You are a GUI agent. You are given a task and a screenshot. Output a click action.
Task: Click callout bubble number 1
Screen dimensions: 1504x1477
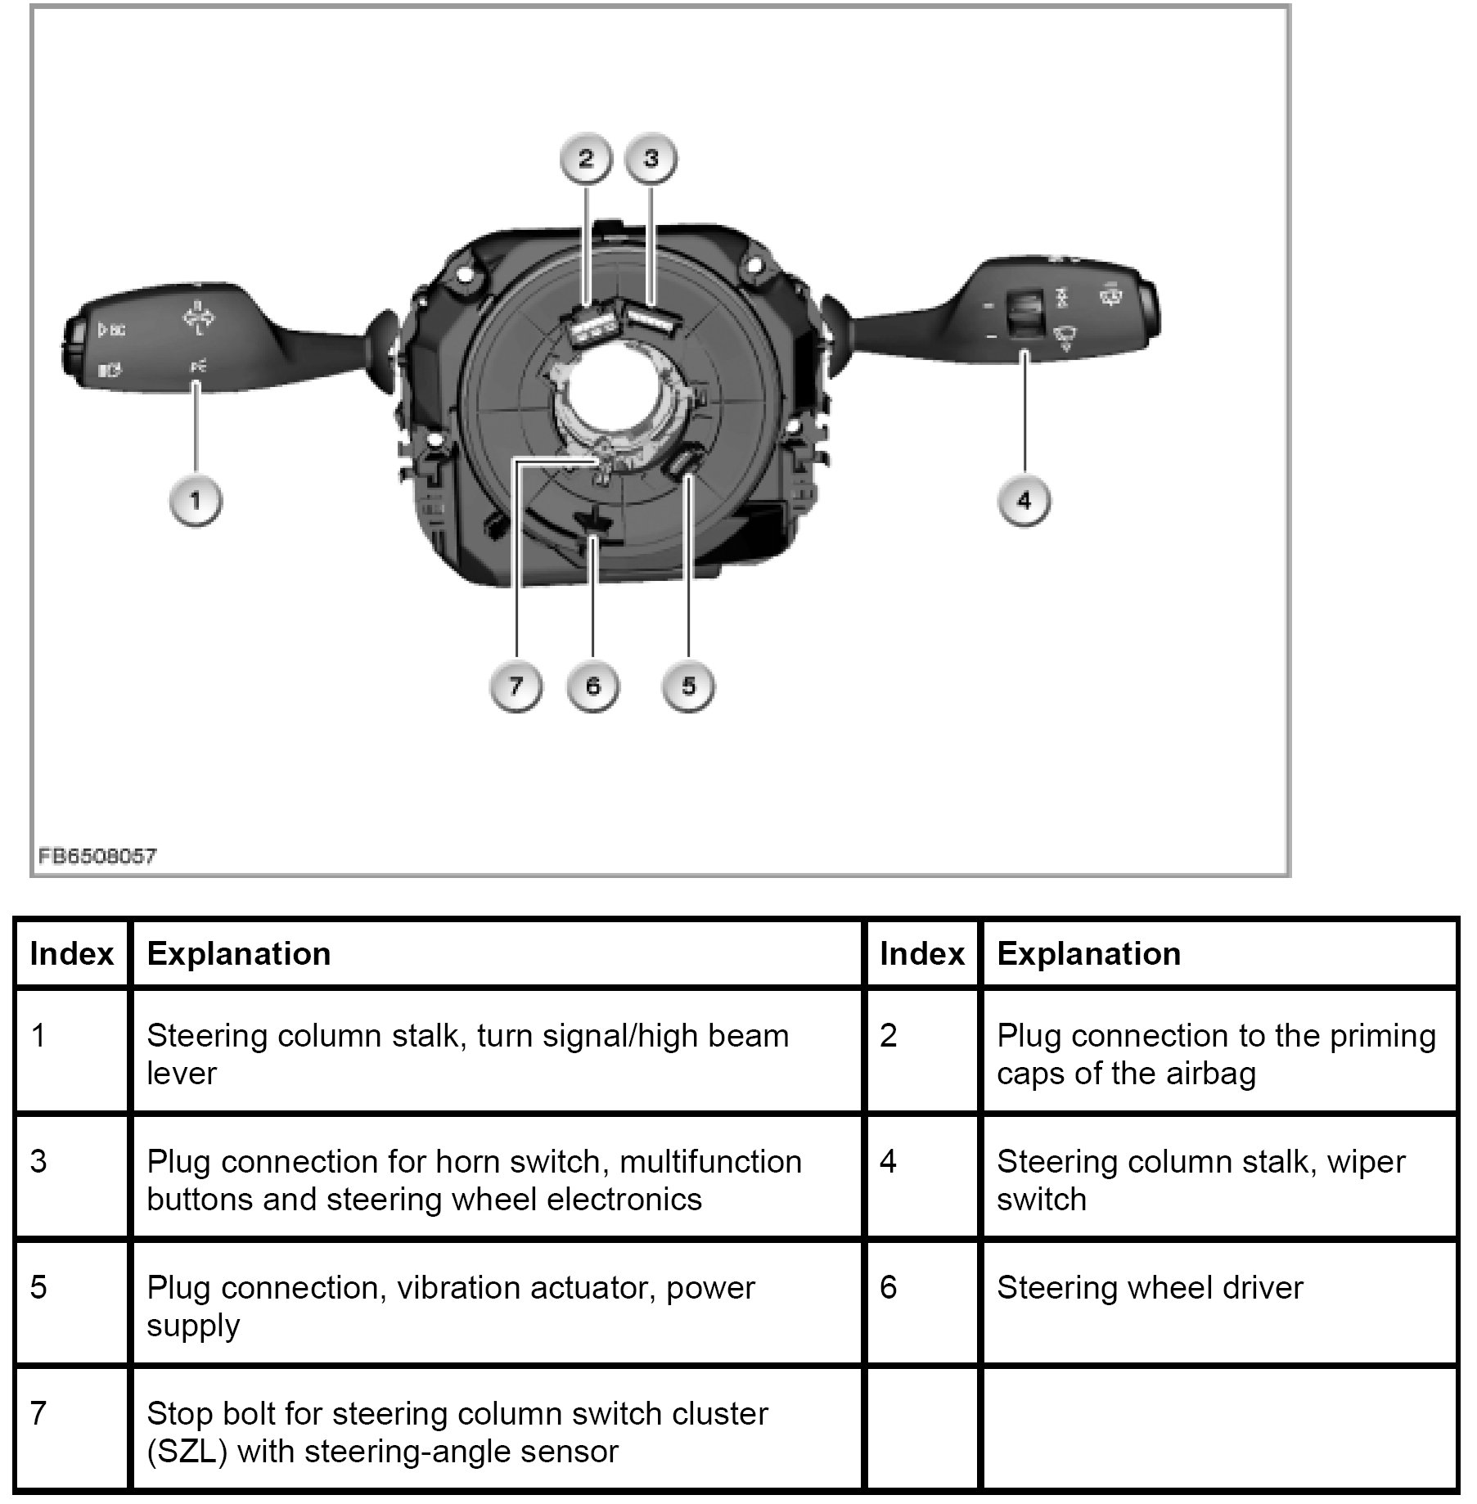pyautogui.click(x=195, y=500)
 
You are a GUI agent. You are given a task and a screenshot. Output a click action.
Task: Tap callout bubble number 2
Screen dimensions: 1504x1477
pyautogui.click(x=586, y=159)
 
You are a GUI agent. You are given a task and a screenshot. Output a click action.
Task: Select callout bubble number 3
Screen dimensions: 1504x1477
pyautogui.click(x=651, y=159)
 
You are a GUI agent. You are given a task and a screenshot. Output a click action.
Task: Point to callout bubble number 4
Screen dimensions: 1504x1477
pyautogui.click(x=1024, y=500)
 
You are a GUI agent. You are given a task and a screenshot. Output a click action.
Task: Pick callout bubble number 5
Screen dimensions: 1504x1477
pyautogui.click(x=688, y=686)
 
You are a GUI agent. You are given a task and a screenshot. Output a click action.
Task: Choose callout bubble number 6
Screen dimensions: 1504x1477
pyautogui.click(x=593, y=686)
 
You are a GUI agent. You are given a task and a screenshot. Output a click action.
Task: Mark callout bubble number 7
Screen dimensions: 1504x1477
pyautogui.click(x=516, y=686)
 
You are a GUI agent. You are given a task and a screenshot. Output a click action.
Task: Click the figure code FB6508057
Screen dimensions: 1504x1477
pyautogui.click(x=97, y=857)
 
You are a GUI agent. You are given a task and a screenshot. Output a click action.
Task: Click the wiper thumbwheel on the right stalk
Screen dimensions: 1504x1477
pyautogui.click(x=1022, y=315)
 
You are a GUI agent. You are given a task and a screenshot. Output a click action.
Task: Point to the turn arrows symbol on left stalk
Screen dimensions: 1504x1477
pyautogui.click(x=197, y=317)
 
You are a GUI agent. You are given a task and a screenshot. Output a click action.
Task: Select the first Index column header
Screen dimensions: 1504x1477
pyautogui.click(x=71, y=954)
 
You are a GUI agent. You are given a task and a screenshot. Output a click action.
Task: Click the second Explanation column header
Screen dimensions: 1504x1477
pyautogui.click(x=1088, y=954)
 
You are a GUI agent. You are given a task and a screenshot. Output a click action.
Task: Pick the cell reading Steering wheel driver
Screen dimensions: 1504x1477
pyautogui.click(x=1149, y=1288)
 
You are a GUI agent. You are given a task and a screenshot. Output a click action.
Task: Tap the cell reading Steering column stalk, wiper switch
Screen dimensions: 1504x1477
pyautogui.click(x=1200, y=1180)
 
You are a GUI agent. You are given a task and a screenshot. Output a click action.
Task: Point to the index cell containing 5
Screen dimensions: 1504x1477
pyautogui.click(x=39, y=1288)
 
